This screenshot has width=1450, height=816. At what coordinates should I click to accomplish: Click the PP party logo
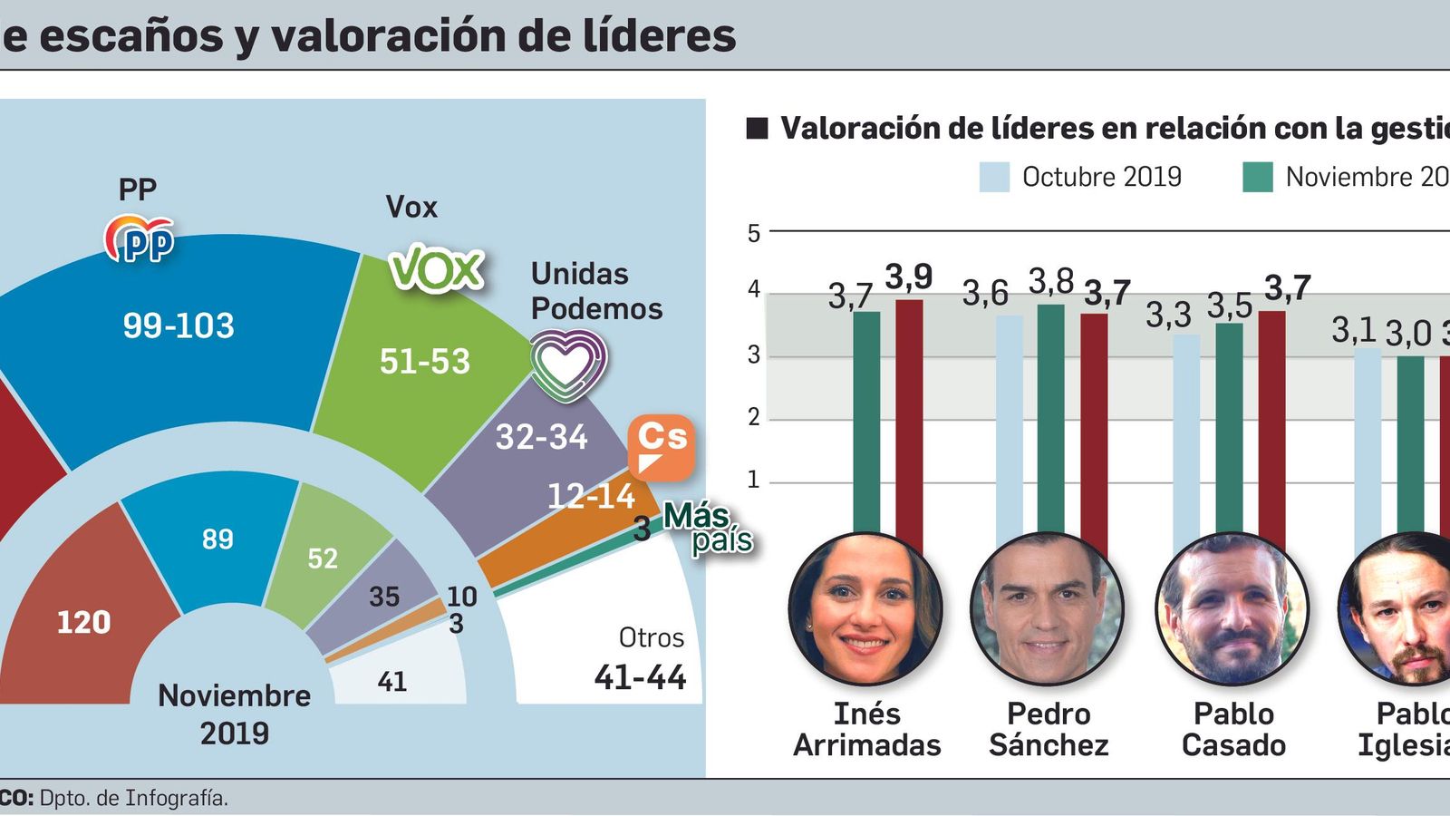coord(139,239)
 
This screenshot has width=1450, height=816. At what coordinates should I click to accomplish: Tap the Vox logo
coord(436,269)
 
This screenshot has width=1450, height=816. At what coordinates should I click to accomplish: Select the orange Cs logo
coord(662,446)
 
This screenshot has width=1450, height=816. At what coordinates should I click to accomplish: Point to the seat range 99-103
coord(179,325)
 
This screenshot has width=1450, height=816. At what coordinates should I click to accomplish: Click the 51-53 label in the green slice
coord(424,362)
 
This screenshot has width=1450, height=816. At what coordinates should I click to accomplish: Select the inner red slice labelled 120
coord(83,622)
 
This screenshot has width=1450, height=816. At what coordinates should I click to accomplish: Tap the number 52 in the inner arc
coord(323,559)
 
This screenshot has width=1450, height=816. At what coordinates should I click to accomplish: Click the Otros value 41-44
coord(640,677)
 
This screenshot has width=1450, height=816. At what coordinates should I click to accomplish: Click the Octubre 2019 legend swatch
coord(994,177)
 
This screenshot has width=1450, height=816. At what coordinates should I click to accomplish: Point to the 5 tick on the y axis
coord(753,233)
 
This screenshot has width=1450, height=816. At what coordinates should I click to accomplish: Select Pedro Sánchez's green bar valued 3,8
coord(1050,417)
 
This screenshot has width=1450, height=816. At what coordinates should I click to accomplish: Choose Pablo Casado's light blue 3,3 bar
coord(1185,435)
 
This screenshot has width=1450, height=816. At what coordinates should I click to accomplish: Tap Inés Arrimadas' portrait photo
coord(865,608)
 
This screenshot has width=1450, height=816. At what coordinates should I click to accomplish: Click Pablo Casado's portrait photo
coord(1232,608)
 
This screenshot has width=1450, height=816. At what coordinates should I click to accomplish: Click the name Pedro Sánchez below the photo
coord(1049,729)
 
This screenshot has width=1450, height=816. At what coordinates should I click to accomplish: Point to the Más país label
coord(708,529)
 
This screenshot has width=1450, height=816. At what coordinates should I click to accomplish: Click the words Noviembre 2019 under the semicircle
coord(235,714)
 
